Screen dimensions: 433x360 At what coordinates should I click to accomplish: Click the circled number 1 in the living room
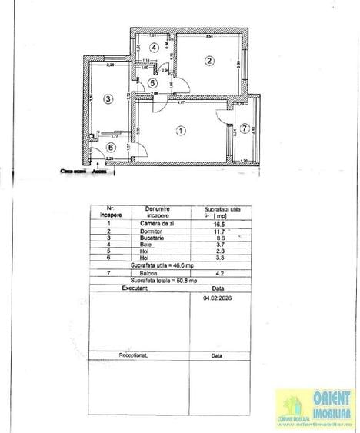180,131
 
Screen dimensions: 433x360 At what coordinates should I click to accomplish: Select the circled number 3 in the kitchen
108,98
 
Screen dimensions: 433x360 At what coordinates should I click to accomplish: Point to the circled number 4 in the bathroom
155,48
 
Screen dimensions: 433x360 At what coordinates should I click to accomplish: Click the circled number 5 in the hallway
152,83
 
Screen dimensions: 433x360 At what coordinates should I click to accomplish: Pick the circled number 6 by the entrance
110,148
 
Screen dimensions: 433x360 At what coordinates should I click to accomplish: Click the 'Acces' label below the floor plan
98,172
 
